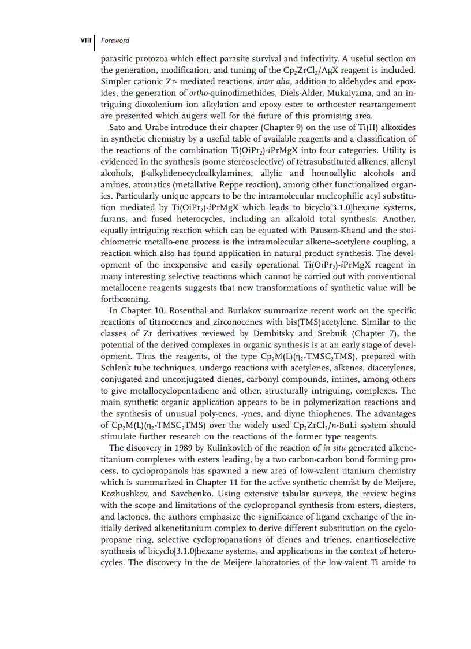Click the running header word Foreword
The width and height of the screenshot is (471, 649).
click(115, 40)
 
